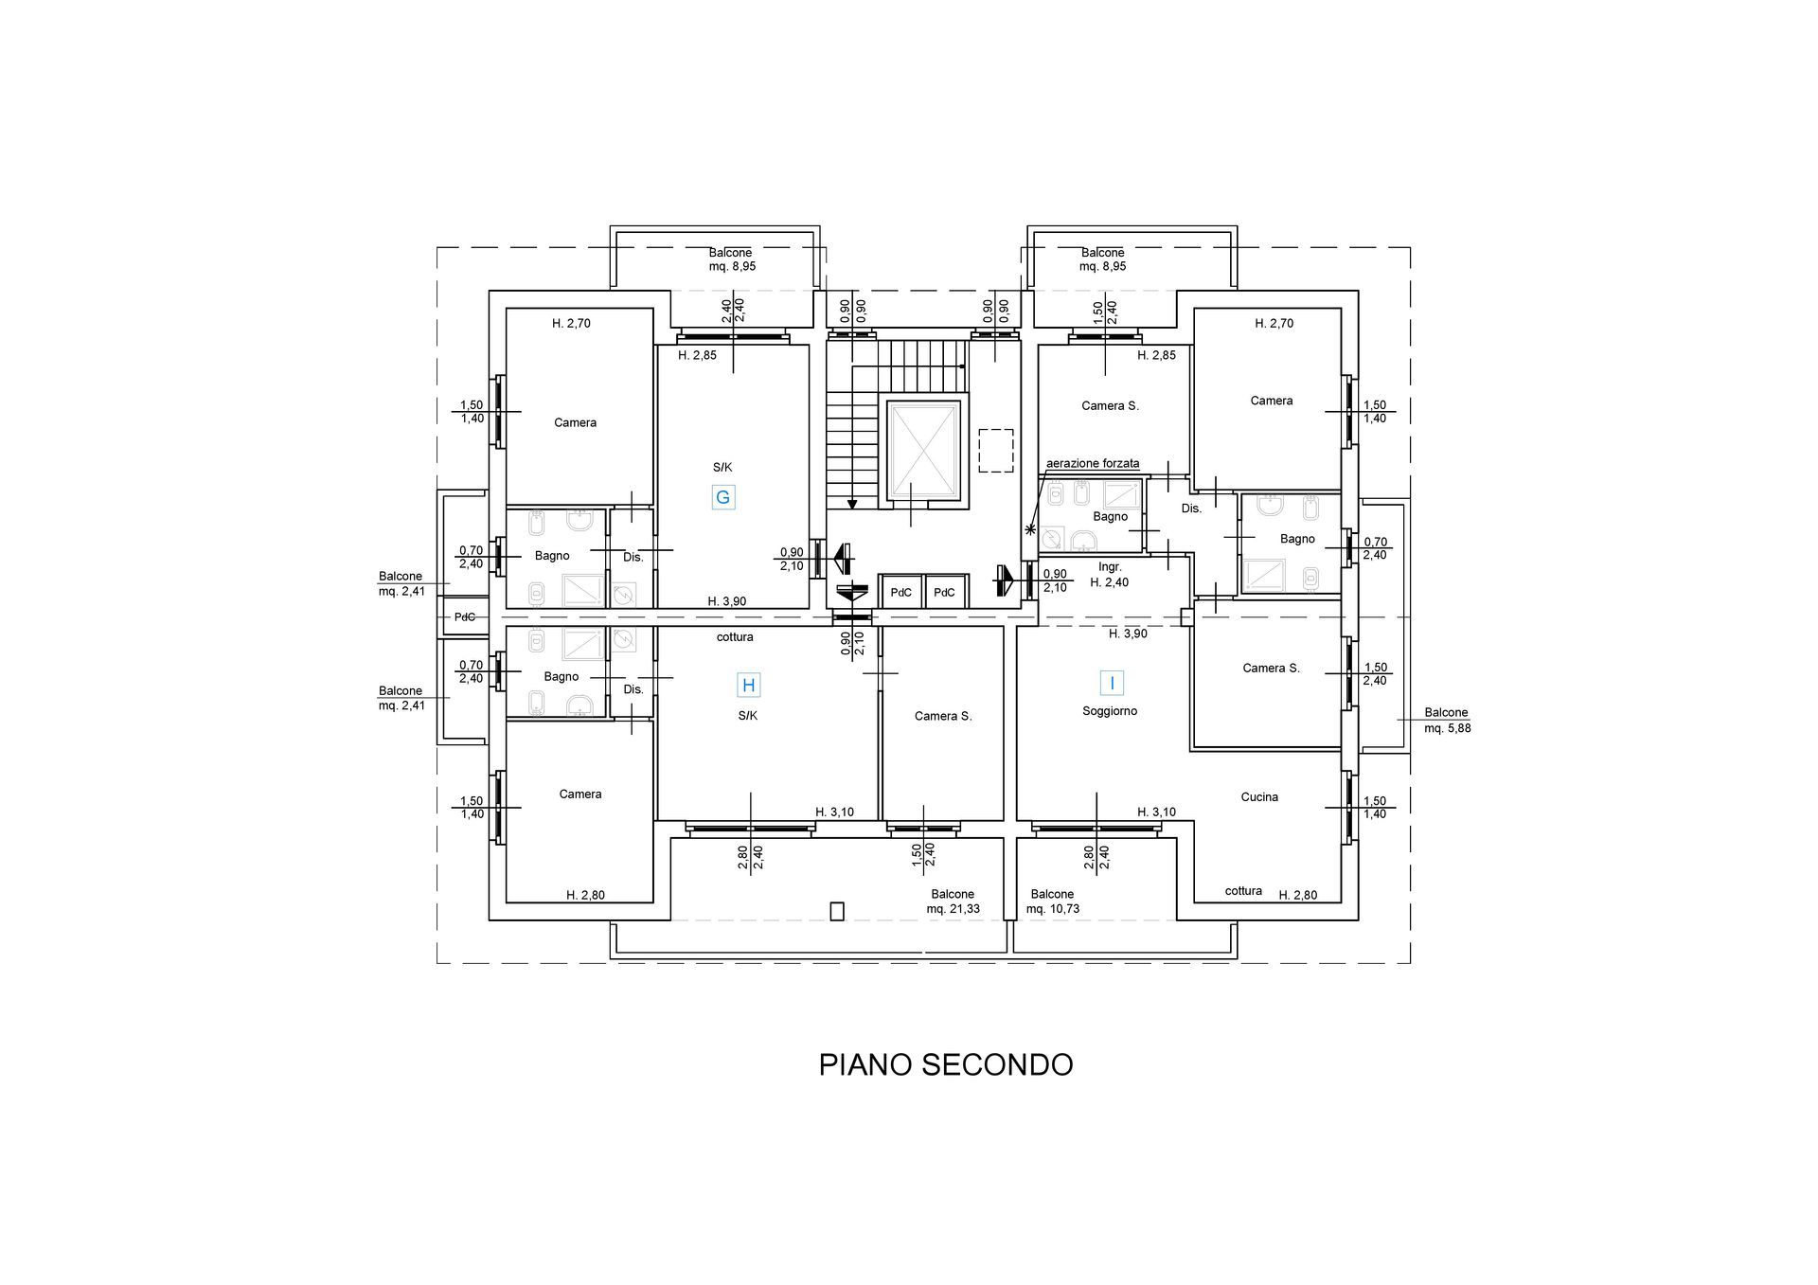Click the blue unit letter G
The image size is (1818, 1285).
(x=723, y=497)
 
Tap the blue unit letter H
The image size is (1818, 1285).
(x=749, y=685)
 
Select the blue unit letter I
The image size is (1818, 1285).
(x=1112, y=683)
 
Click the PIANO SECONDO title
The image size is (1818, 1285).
(x=946, y=1064)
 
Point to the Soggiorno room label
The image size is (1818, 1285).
(x=1110, y=711)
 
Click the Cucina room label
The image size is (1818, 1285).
(x=1259, y=797)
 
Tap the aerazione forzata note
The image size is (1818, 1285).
(x=1093, y=464)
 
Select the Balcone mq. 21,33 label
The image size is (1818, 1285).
(x=953, y=901)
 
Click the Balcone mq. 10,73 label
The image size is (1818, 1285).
(x=1052, y=901)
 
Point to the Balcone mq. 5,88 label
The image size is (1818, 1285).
(x=1447, y=721)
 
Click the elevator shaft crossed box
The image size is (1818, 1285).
(x=922, y=452)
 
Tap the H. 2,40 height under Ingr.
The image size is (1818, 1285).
(x=1109, y=583)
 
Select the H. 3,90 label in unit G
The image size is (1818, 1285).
(x=727, y=601)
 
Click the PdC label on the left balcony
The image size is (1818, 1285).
(x=465, y=617)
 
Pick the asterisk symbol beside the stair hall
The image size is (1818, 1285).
(x=1030, y=529)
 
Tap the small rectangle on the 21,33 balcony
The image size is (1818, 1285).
(x=836, y=911)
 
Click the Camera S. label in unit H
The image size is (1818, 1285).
(x=943, y=716)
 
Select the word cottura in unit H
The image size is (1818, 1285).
(x=735, y=637)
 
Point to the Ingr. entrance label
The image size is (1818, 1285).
(x=1110, y=567)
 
